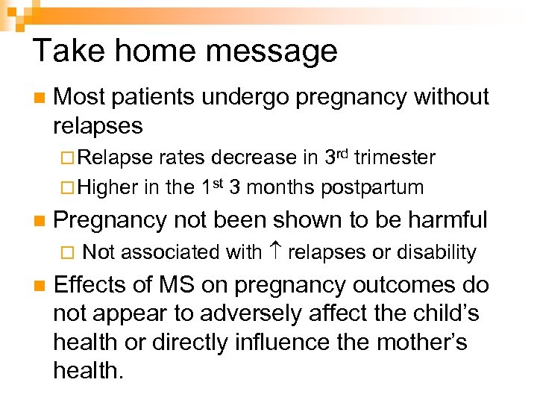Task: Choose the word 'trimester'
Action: pos(395,157)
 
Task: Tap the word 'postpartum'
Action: pos(371,187)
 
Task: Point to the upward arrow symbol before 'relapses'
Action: pos(274,252)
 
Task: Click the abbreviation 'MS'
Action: pos(168,286)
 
